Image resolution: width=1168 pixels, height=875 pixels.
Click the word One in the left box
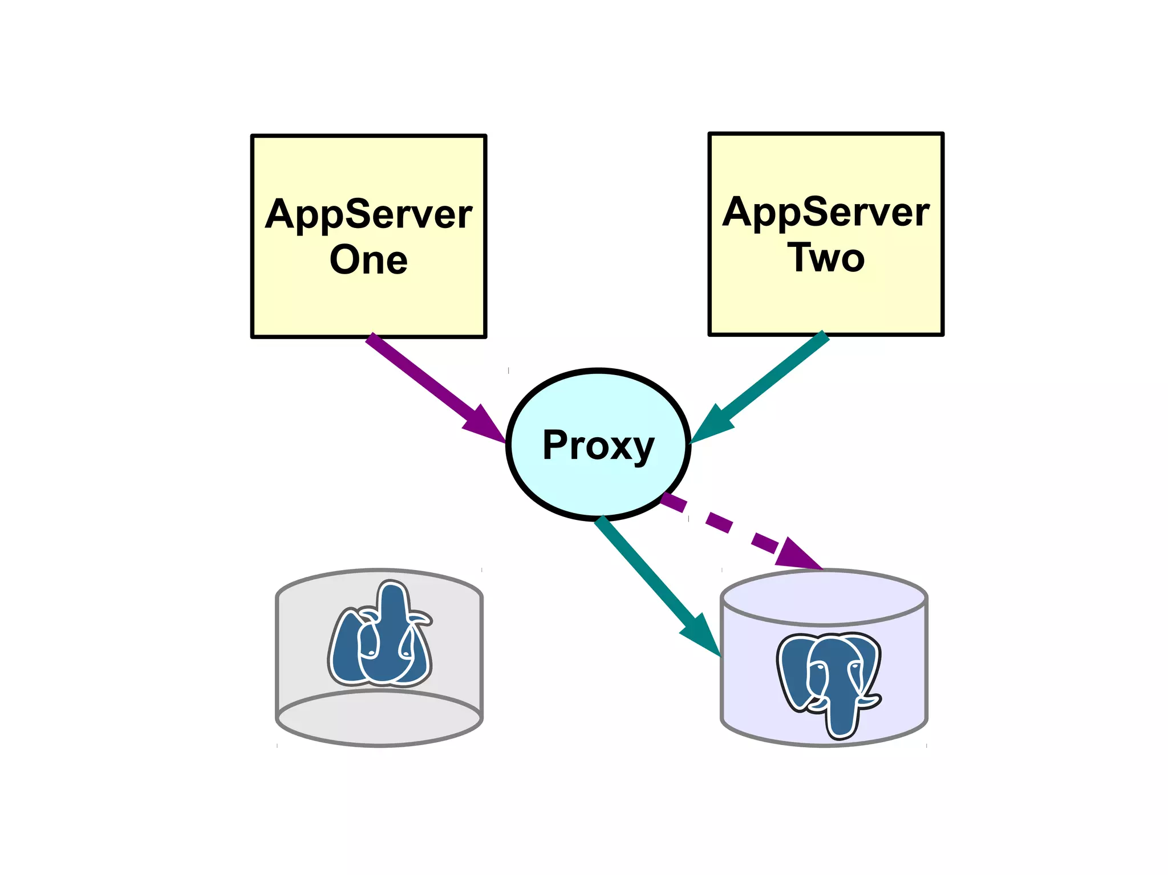click(x=368, y=260)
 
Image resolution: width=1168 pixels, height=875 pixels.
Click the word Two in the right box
click(x=826, y=258)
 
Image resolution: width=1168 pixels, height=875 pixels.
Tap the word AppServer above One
click(x=368, y=215)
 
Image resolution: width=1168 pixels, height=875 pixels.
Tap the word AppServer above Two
click(x=826, y=213)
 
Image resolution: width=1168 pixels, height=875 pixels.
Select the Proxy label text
click(x=598, y=445)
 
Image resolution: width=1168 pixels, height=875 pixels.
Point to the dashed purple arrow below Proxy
click(x=719, y=522)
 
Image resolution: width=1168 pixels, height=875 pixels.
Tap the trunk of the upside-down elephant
click(x=392, y=599)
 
